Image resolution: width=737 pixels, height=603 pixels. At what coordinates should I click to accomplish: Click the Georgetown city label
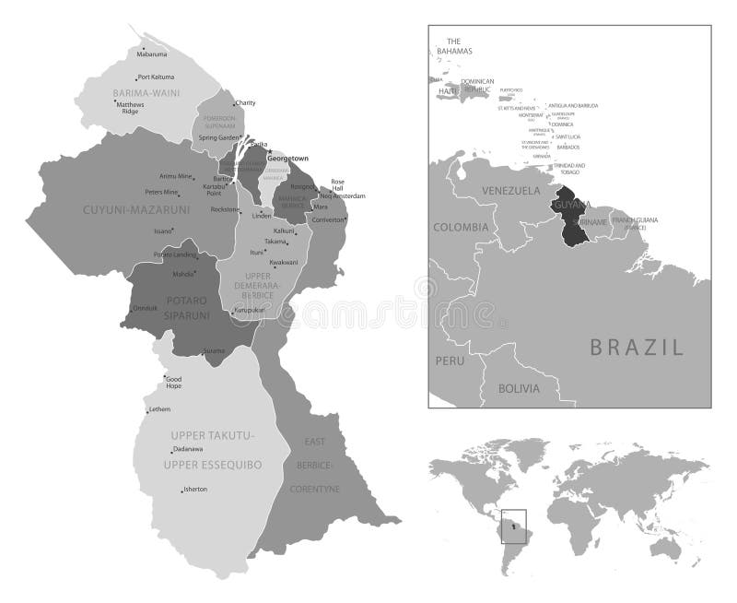(x=287, y=159)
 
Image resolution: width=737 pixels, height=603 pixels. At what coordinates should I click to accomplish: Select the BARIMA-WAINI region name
(x=146, y=93)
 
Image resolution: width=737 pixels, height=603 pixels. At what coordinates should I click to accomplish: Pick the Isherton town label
(x=196, y=489)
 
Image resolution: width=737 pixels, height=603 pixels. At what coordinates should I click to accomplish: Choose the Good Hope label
(x=175, y=383)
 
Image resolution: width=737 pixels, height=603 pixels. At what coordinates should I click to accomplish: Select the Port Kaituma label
(x=156, y=77)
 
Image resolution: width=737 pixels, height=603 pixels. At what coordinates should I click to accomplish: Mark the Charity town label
(x=245, y=102)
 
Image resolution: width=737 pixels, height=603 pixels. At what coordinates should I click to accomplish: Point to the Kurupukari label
(x=250, y=311)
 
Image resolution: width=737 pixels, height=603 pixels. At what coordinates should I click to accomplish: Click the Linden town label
(x=262, y=216)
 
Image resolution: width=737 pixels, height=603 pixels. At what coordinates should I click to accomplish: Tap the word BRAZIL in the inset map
(x=637, y=348)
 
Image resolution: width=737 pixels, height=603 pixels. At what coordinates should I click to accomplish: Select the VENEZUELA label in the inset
(x=510, y=191)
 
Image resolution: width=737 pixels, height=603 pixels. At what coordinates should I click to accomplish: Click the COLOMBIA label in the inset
(x=461, y=227)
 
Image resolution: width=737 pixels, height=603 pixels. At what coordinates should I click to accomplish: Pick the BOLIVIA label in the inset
(x=519, y=388)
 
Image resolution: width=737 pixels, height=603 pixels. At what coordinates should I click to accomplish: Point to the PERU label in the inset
(x=450, y=360)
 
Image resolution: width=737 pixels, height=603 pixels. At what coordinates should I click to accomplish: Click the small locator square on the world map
(x=513, y=526)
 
